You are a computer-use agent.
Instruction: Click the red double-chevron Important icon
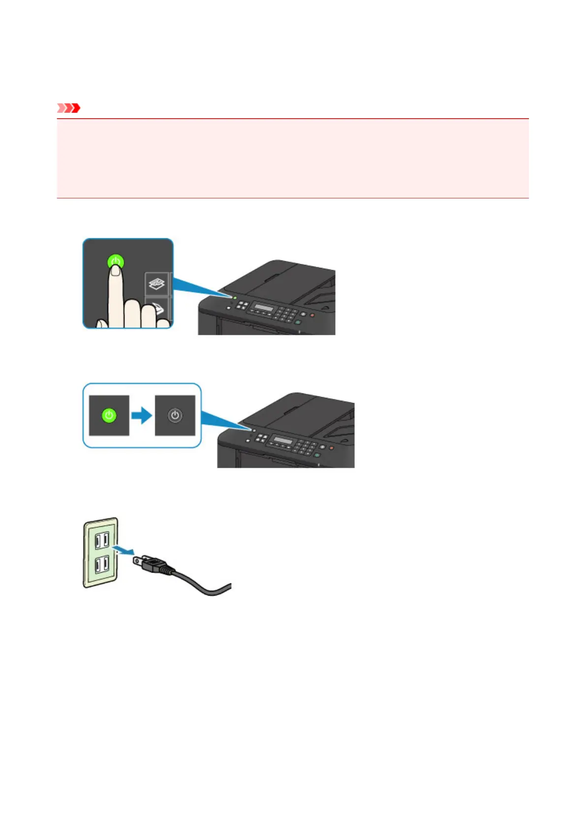click(68, 108)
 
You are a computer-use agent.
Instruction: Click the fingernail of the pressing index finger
click(116, 270)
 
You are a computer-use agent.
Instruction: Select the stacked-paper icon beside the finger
click(156, 284)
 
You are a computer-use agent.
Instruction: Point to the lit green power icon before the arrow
click(109, 415)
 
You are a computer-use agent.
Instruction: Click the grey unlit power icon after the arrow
click(175, 415)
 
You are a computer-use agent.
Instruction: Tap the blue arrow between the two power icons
click(142, 415)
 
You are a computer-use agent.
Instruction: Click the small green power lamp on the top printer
click(234, 298)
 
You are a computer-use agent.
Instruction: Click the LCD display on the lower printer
click(283, 441)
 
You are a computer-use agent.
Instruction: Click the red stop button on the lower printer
click(331, 447)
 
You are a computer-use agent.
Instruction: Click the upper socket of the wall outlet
click(102, 541)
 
